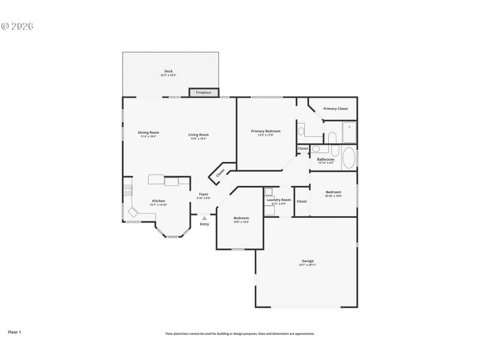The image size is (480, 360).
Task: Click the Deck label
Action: tap(169, 71)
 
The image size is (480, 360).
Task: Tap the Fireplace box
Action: tap(203, 92)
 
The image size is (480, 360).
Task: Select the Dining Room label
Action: tap(148, 133)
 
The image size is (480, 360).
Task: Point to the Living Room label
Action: tap(199, 135)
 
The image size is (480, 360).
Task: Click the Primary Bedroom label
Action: tap(266, 131)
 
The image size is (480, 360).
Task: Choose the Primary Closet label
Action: tap(335, 109)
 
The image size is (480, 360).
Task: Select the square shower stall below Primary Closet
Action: tap(349, 131)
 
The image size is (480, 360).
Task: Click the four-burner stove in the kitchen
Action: tap(128, 191)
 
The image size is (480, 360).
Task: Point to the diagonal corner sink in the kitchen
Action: tap(133, 212)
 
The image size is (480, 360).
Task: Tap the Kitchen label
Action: tap(158, 201)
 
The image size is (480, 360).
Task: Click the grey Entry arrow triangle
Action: tap(205, 218)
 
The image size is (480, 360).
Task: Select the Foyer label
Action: tap(205, 194)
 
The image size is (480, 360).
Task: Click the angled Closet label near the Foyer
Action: tap(220, 172)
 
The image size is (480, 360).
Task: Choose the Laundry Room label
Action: tap(278, 200)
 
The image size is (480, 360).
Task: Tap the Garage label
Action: tap(308, 261)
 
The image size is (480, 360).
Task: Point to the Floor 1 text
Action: tap(14, 331)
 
